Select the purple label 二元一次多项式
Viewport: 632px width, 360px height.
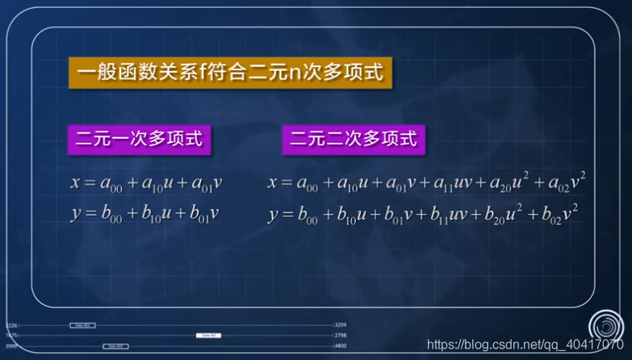(138, 139)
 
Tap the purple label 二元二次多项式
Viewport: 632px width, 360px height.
(354, 139)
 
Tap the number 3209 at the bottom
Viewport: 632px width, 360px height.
(341, 325)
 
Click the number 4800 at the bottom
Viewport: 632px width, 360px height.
(341, 345)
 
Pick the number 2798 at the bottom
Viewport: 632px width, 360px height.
(341, 335)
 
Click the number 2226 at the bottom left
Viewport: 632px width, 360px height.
(10, 325)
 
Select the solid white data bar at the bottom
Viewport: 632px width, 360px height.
(207, 335)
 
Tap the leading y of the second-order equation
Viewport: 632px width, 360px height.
(274, 216)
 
